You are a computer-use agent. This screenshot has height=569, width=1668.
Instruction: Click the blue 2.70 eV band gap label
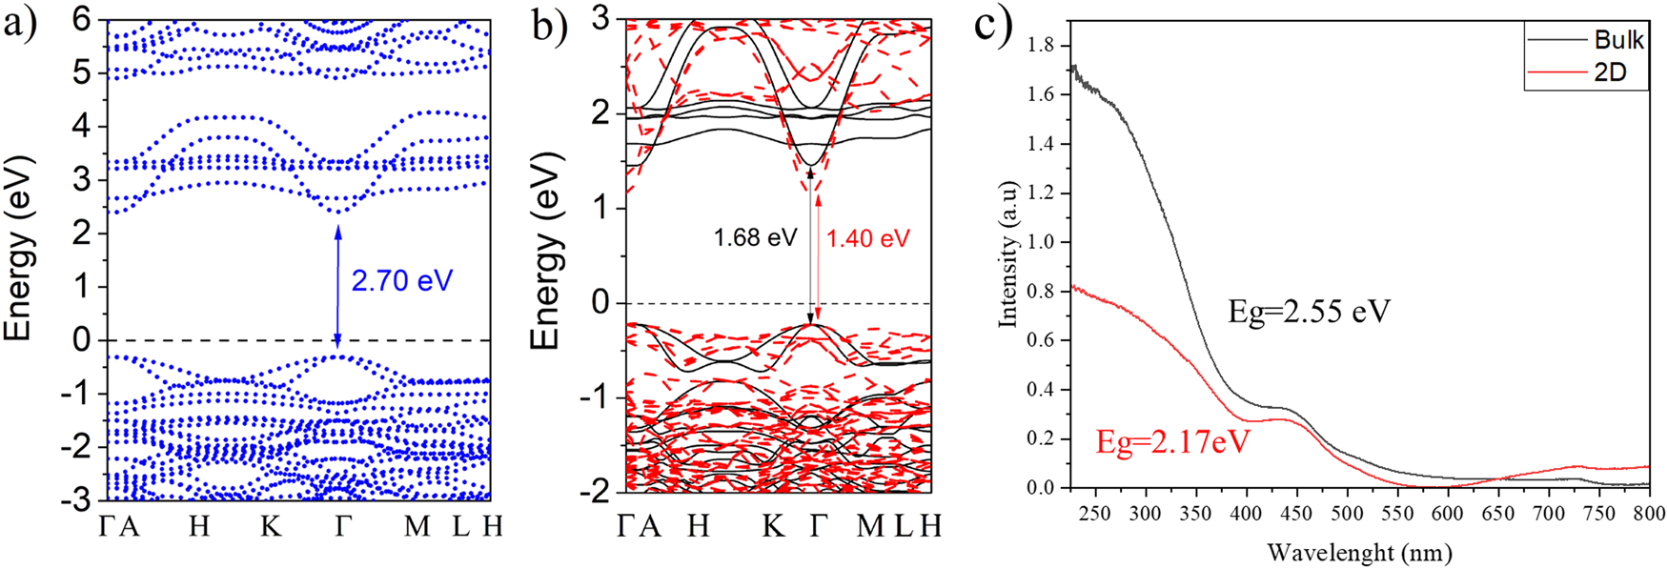tap(401, 281)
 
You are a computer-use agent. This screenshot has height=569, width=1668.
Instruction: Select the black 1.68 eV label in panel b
tap(755, 236)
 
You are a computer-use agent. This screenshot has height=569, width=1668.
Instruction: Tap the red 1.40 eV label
tap(867, 238)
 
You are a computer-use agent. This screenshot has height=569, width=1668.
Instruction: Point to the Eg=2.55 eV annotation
tap(1309, 313)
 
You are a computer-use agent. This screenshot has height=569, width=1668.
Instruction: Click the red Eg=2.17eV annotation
tap(1172, 442)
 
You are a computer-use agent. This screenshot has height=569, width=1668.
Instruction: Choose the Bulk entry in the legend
tap(1617, 40)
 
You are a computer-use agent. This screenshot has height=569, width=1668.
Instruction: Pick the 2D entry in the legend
tap(1609, 72)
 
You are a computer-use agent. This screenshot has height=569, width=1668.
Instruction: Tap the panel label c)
tap(993, 25)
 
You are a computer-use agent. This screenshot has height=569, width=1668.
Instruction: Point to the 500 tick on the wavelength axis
tap(1347, 513)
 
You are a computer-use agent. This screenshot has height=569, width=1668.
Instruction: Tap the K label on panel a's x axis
tap(271, 525)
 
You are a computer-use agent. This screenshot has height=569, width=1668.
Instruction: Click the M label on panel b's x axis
tap(868, 525)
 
